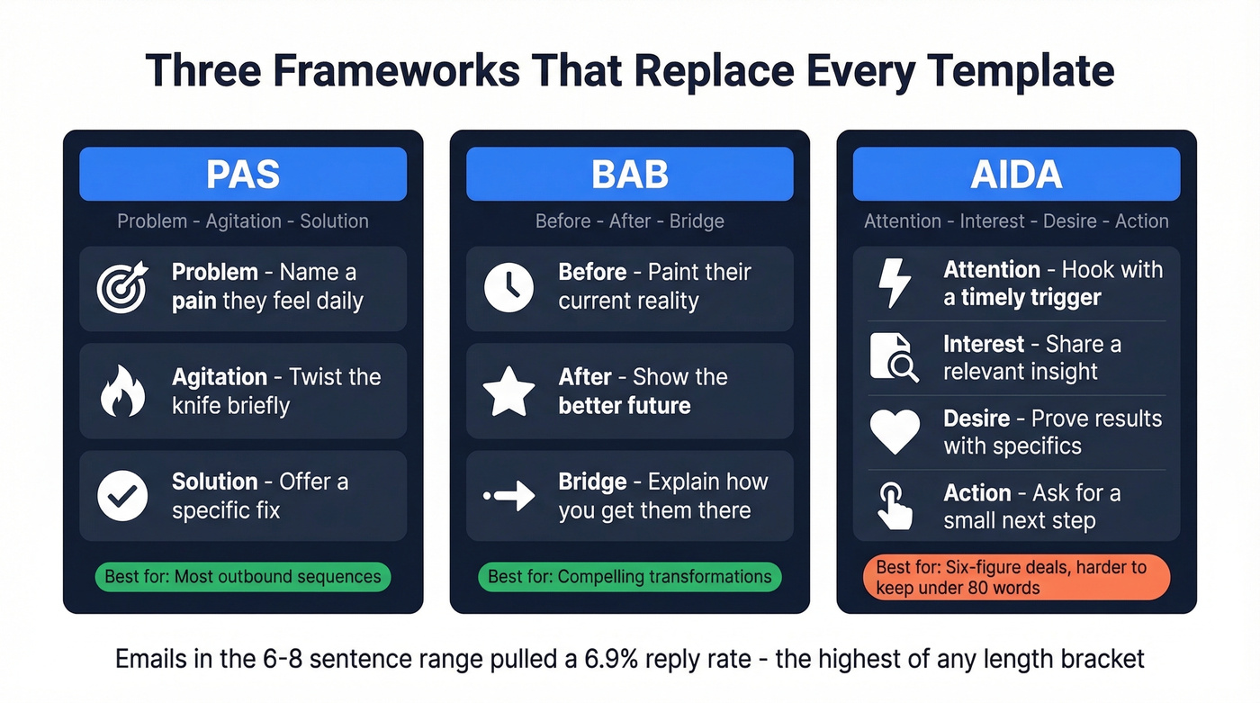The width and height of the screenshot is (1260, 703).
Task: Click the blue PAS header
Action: [243, 174]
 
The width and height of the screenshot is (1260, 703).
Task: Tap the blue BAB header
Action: [629, 174]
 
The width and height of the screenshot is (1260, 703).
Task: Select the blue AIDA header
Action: [1016, 174]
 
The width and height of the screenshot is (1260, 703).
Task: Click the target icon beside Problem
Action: [122, 288]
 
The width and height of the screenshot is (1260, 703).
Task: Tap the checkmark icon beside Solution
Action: [122, 496]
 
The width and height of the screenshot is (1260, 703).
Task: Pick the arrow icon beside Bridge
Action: [508, 496]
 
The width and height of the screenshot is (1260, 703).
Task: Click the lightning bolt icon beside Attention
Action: [895, 284]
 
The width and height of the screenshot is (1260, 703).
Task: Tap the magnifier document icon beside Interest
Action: [895, 357]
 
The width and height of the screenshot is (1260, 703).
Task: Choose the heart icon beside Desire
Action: [895, 432]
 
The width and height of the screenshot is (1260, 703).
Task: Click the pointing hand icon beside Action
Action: [895, 506]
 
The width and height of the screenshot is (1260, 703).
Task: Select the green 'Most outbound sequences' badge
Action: [243, 576]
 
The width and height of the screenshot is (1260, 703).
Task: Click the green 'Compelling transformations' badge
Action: [629, 576]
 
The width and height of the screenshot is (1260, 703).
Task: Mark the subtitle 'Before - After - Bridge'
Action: [629, 221]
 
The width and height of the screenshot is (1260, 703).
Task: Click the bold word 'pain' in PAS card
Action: [194, 301]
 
